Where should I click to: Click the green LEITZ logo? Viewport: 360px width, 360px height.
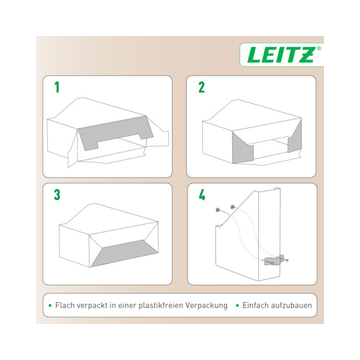tap(281, 55)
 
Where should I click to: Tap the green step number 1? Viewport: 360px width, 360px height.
tap(57, 87)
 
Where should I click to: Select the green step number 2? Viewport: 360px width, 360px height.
tap(202, 87)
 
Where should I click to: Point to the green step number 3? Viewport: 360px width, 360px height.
tap(57, 194)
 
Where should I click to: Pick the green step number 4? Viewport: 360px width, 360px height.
tap(202, 194)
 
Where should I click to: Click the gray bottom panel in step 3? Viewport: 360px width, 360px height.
tap(125, 253)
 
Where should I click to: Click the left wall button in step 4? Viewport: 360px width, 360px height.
tap(218, 209)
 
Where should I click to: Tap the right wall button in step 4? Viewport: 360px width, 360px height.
tap(233, 207)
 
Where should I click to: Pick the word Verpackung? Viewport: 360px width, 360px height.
tap(206, 305)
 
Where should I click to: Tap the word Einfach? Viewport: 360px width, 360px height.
tap(256, 305)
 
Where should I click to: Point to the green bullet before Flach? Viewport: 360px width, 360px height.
tap(50, 305)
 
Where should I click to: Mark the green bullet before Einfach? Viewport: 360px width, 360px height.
tap(238, 305)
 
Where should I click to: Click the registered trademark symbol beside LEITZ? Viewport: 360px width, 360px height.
tap(319, 49)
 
